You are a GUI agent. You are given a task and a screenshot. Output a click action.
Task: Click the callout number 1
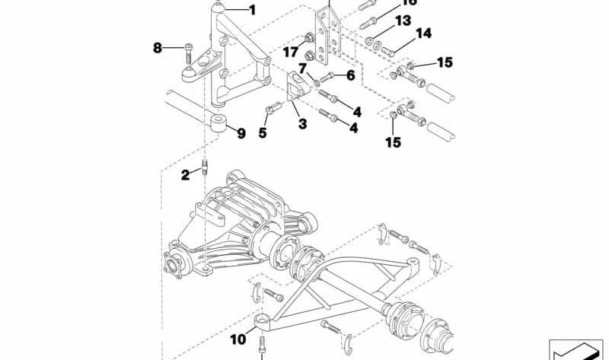coord(253,11)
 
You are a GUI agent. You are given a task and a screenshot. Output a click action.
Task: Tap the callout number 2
coord(185,175)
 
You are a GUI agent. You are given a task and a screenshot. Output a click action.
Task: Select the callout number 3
coord(302,123)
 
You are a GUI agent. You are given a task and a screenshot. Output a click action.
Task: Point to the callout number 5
coord(263,132)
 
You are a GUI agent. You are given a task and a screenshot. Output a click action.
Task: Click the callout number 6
coord(350,75)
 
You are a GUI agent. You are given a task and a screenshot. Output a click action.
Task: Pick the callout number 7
coord(302,68)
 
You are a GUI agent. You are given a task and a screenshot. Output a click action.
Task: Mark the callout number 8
coord(158,48)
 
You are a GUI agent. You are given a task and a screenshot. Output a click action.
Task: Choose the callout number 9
coord(241,133)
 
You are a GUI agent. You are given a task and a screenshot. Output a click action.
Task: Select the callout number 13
coord(403,20)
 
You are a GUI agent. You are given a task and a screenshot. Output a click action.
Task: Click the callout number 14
coord(423,33)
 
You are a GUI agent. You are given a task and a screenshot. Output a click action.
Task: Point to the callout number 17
coord(290,53)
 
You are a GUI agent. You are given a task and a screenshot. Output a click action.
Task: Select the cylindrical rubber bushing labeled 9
coord(218,124)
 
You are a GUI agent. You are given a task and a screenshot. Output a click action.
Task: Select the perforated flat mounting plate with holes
coord(328,38)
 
